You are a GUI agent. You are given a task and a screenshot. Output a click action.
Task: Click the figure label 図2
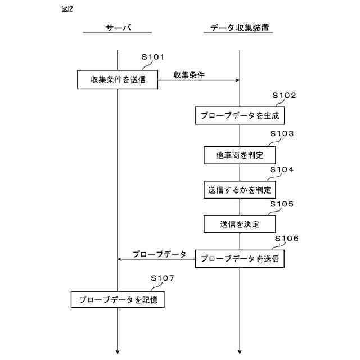click(66, 10)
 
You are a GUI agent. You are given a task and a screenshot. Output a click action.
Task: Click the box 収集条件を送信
click(118, 79)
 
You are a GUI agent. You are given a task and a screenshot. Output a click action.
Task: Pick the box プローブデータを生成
click(240, 115)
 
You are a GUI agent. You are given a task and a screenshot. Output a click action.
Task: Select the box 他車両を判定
click(240, 154)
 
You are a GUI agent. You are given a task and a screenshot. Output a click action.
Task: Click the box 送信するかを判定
click(240, 190)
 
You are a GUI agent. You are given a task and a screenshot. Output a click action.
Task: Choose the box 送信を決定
click(240, 224)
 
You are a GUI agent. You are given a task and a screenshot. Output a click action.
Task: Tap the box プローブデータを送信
click(240, 258)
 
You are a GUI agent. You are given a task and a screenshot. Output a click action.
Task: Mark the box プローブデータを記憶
click(118, 299)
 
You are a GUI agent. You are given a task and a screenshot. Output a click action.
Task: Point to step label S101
click(152, 57)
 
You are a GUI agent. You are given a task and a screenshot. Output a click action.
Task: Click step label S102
click(285, 96)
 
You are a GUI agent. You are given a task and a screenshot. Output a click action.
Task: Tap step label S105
click(282, 204)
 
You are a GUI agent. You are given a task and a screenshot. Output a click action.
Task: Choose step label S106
click(286, 238)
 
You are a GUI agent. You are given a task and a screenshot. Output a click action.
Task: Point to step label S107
click(163, 278)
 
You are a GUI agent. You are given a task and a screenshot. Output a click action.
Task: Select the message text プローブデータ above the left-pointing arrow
click(159, 254)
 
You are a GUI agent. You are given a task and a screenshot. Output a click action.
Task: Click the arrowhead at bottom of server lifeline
click(118, 352)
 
